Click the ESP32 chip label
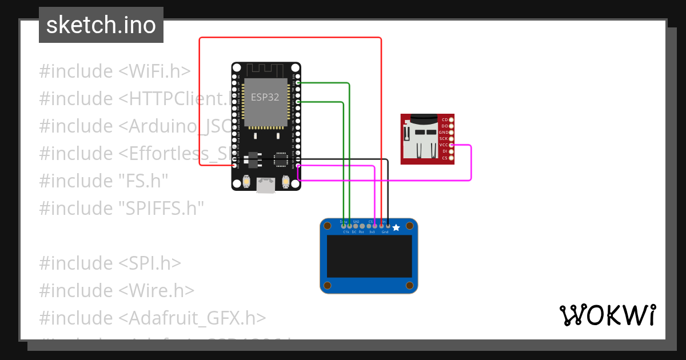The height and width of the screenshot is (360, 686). [265, 97]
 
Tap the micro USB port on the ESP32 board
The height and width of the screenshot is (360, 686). [266, 184]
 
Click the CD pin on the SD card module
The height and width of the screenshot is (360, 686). [452, 119]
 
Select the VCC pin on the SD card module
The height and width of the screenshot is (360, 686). [452, 145]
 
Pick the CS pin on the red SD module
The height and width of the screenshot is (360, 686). [452, 158]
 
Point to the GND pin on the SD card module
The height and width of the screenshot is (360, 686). [452, 132]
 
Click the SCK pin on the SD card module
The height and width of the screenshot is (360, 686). [452, 139]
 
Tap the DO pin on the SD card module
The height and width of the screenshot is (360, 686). [452, 126]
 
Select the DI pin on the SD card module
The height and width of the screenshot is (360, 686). [452, 151]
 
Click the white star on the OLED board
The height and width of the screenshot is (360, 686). [396, 227]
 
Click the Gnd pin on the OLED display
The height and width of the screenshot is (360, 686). [388, 226]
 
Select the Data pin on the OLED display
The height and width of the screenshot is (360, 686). [343, 226]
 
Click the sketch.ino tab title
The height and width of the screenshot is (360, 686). [101, 25]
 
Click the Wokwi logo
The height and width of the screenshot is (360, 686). [607, 315]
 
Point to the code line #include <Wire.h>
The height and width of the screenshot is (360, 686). [117, 290]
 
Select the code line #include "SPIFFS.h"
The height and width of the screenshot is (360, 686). [121, 208]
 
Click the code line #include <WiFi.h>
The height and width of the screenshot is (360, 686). [114, 71]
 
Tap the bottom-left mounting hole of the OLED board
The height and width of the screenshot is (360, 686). [328, 285]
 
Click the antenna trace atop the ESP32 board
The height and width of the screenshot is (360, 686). [266, 69]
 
